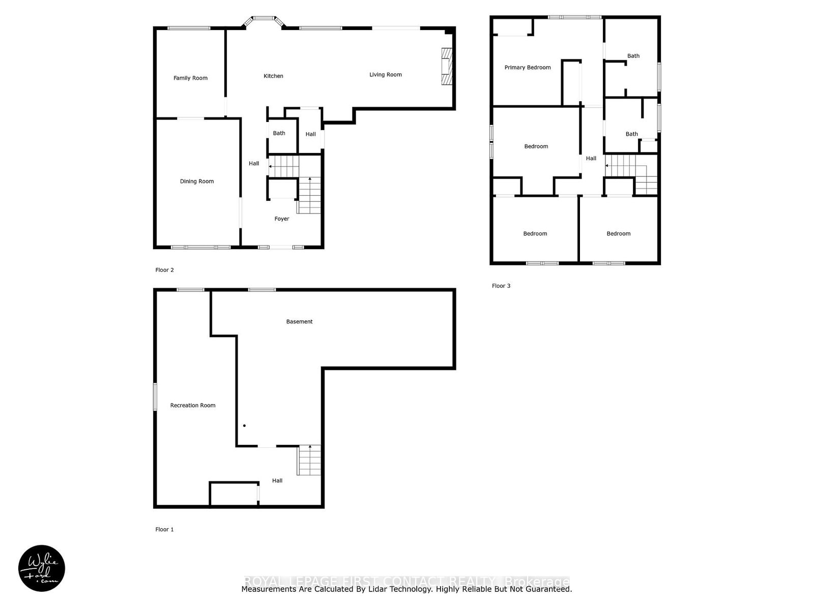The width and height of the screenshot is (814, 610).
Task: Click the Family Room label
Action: click(190, 78)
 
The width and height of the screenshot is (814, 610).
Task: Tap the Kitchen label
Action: click(273, 76)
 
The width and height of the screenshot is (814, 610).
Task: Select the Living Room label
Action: click(385, 75)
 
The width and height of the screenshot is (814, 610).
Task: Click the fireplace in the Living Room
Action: click(446, 67)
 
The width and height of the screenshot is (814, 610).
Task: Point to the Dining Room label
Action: click(196, 181)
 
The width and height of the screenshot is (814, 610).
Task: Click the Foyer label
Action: click(281, 219)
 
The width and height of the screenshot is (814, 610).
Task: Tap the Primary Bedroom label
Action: click(527, 68)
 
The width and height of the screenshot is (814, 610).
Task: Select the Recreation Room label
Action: click(192, 406)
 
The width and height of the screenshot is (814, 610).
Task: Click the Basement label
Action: click(299, 322)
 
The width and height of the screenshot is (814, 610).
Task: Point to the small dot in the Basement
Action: click(244, 425)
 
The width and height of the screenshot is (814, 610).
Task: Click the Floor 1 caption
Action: click(164, 530)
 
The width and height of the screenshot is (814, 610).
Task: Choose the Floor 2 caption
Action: click(164, 270)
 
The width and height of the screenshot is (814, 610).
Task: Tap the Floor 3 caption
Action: click(501, 286)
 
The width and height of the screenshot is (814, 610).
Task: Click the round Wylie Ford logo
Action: click(42, 568)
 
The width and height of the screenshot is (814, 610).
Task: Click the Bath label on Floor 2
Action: click(279, 134)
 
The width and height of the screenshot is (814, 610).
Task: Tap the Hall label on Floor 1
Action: click(277, 481)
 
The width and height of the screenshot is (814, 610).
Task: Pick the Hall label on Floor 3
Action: click(591, 159)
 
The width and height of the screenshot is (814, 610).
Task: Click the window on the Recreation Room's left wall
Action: click(155, 396)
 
